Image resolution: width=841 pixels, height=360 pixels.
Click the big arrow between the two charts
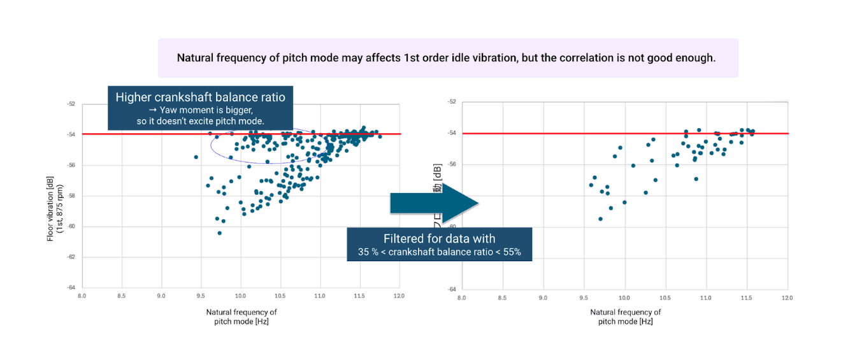coord(433,203)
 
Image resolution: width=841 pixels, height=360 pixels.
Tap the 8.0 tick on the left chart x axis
coord(82,296)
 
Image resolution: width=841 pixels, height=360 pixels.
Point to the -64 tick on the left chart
coord(71,287)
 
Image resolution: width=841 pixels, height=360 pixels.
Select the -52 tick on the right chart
coord(452,102)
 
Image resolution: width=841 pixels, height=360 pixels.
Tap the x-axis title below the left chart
coord(241,317)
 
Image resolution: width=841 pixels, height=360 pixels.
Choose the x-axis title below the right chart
coord(626,317)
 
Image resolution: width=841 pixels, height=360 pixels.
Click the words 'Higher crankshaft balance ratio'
coord(200,97)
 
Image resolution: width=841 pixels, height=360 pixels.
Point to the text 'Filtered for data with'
coord(439,239)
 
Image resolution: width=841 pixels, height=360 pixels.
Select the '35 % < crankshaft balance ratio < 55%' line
coord(439,252)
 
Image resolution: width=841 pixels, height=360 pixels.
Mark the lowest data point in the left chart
coord(220,233)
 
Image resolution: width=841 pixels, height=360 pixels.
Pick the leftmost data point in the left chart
coord(196,157)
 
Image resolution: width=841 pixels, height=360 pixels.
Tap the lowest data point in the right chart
coord(600,219)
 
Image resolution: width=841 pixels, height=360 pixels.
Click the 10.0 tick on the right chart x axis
coord(624,298)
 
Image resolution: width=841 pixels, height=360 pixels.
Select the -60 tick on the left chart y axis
coord(71,226)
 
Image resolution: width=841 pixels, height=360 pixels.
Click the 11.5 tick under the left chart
coord(359,296)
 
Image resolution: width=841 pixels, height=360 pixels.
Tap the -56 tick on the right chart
coord(452,164)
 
